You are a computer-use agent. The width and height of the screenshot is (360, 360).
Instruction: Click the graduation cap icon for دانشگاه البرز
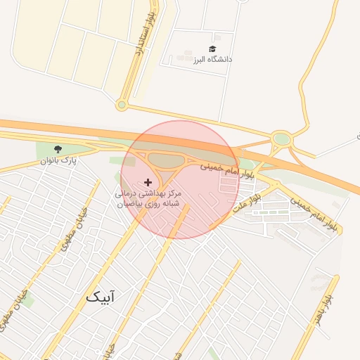(212, 49)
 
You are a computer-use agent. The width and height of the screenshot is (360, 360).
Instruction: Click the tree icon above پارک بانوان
(58, 148)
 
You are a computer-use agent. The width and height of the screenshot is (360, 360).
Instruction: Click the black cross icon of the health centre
(147, 182)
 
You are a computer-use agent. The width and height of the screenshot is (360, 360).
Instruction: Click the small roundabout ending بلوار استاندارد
(122, 105)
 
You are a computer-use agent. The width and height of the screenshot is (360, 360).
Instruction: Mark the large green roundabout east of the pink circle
(282, 139)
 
